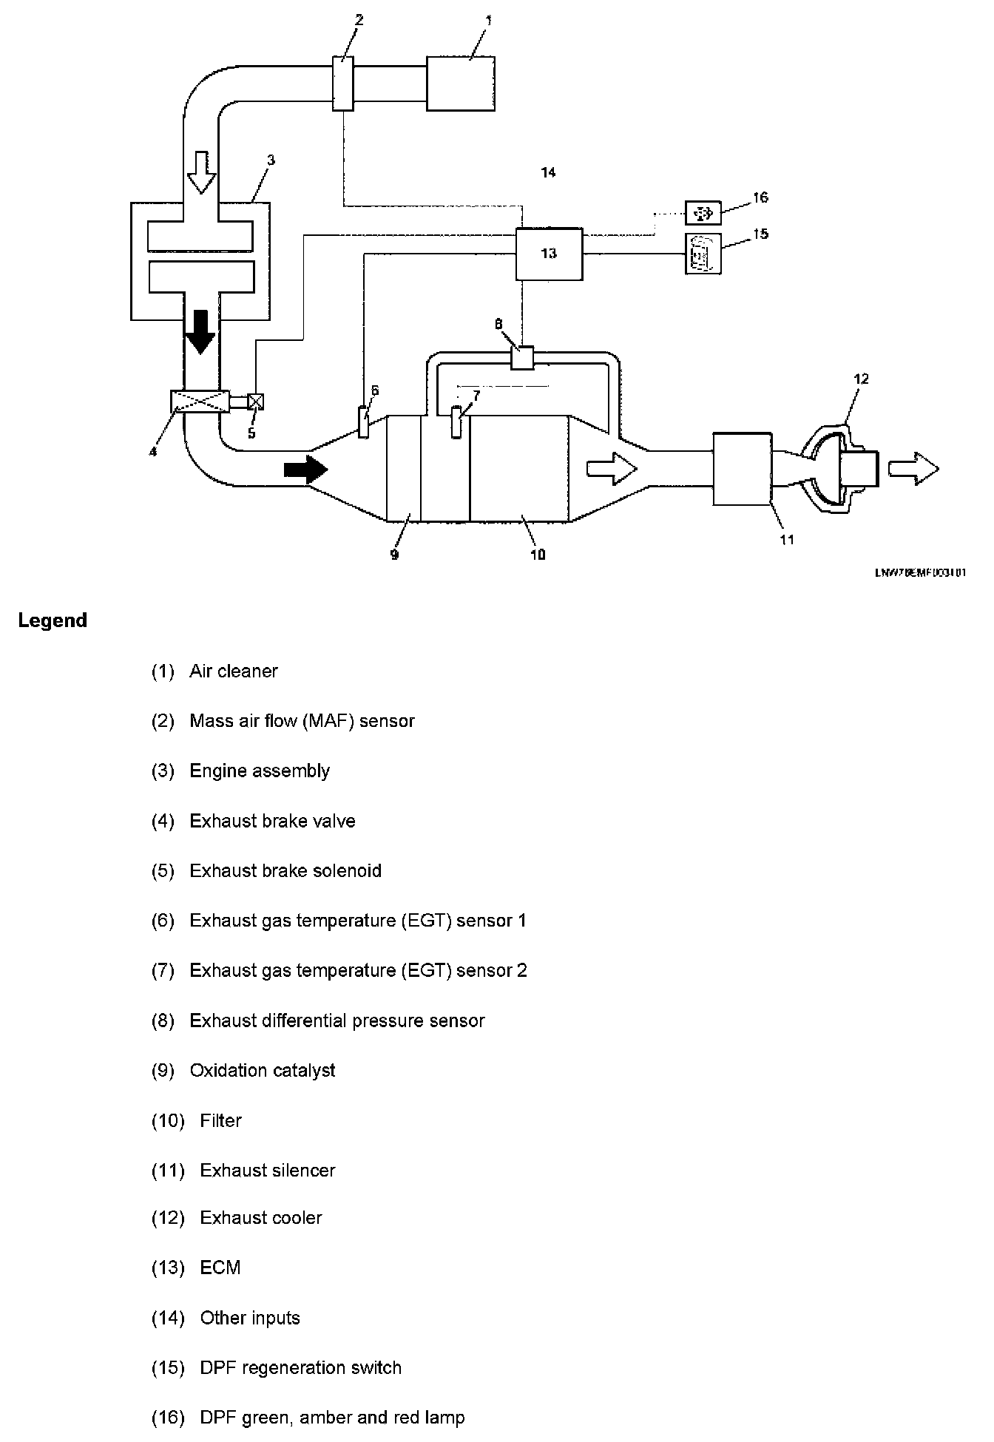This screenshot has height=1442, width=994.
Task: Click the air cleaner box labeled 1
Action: coord(461,84)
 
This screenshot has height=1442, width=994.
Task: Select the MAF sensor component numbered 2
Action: coord(343,84)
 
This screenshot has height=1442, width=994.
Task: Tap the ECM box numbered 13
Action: coord(549,254)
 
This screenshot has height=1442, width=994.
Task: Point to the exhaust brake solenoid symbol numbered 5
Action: coord(256,402)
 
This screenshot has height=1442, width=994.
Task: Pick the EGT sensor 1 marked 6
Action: coord(363,422)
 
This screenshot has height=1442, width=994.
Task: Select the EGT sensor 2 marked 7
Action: coord(456,424)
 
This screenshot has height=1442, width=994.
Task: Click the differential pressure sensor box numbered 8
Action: coord(522,357)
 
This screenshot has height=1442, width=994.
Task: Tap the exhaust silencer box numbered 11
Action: coord(742,469)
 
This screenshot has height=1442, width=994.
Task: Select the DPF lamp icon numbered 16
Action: coord(703,213)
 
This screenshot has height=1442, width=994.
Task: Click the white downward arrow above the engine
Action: coord(200,171)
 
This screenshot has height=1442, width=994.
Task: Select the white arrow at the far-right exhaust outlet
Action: coord(913,468)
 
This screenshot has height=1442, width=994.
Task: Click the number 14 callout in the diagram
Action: coord(548,172)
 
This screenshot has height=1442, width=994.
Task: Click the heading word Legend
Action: coord(53,620)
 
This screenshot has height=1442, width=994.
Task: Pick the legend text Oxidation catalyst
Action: coord(263,1070)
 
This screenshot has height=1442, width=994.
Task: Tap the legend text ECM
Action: coord(220,1267)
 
